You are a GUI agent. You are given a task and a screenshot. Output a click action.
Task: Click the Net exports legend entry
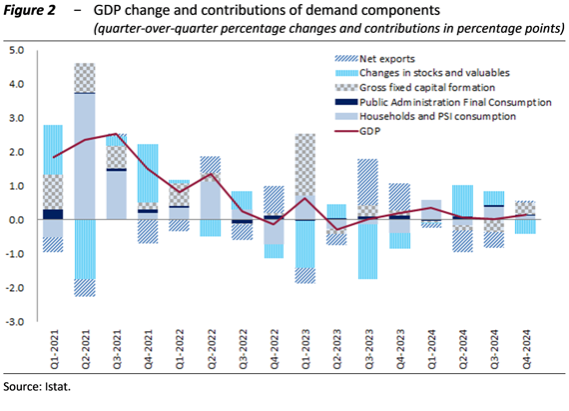(374, 59)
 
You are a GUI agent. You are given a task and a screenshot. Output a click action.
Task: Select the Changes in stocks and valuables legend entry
(422, 73)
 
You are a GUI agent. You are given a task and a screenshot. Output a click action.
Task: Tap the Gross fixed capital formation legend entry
(415, 88)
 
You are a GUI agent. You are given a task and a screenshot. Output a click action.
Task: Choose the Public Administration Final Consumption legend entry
(443, 102)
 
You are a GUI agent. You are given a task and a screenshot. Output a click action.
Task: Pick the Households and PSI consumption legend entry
(425, 116)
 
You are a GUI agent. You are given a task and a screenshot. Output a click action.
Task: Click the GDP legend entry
(357, 131)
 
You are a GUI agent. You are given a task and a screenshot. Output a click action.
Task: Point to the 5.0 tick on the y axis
(17, 50)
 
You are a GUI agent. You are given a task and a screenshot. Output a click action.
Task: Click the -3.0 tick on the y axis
(15, 322)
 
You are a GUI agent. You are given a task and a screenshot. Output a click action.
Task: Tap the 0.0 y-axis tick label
(17, 220)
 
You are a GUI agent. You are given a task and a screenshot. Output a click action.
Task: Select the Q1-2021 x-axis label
(54, 349)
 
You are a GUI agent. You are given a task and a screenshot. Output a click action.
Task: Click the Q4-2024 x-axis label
(526, 349)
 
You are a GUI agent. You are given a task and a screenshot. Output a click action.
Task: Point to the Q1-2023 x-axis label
(305, 349)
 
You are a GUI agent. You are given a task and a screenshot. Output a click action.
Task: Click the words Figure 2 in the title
(29, 11)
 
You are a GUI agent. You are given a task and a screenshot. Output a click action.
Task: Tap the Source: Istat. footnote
(37, 387)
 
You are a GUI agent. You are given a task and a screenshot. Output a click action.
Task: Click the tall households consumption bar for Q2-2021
(85, 157)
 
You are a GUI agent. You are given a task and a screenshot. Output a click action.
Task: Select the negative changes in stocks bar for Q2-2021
(85, 249)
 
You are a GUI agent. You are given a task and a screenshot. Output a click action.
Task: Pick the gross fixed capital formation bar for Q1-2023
(305, 165)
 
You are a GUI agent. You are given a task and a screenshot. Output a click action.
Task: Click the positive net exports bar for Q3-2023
(368, 182)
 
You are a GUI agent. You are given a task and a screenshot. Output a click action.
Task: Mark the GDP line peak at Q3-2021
(116, 134)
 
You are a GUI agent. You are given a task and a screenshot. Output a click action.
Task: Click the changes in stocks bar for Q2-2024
(462, 201)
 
